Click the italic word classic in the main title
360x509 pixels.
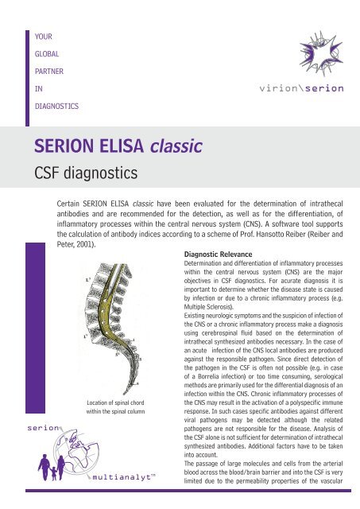tap(176, 146)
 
